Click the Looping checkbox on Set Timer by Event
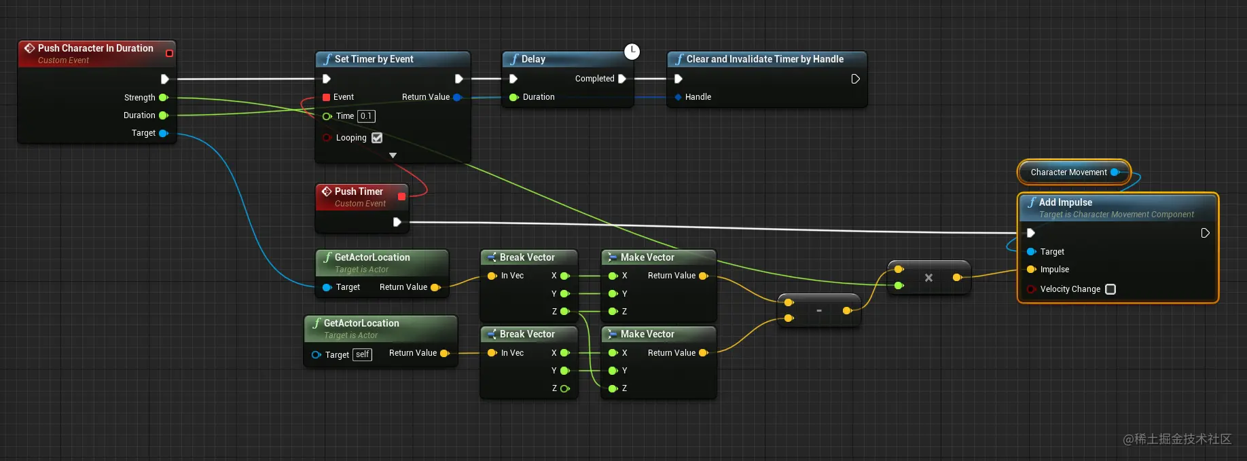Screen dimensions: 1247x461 pyautogui.click(x=377, y=138)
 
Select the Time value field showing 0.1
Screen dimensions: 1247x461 pyautogui.click(x=366, y=116)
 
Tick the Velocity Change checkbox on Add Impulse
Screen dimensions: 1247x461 pyautogui.click(x=1110, y=289)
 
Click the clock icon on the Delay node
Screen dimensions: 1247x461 pyautogui.click(x=632, y=52)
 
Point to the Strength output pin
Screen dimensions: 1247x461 pyautogui.click(x=164, y=98)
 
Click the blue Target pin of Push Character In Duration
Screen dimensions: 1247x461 pyautogui.click(x=164, y=133)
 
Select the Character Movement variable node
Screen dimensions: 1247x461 pyautogui.click(x=1074, y=172)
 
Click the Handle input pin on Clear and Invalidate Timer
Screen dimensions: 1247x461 pyautogui.click(x=678, y=97)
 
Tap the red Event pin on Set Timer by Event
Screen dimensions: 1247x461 pyautogui.click(x=327, y=97)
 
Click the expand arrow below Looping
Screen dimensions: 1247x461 pyautogui.click(x=393, y=155)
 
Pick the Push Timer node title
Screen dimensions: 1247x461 pyautogui.click(x=359, y=191)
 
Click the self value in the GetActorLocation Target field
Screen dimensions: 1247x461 pyautogui.click(x=363, y=354)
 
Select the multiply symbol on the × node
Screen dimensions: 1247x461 pyautogui.click(x=928, y=278)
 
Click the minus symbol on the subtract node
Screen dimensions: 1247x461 pyautogui.click(x=819, y=311)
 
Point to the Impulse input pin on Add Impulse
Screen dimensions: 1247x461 pyautogui.click(x=1031, y=270)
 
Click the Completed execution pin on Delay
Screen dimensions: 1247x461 pyautogui.click(x=622, y=79)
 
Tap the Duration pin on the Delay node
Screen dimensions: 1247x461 pyautogui.click(x=513, y=97)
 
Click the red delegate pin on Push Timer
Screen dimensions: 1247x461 pyautogui.click(x=401, y=197)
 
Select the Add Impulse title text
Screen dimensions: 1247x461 pyautogui.click(x=1066, y=202)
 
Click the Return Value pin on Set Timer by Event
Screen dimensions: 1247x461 pyautogui.click(x=457, y=97)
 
